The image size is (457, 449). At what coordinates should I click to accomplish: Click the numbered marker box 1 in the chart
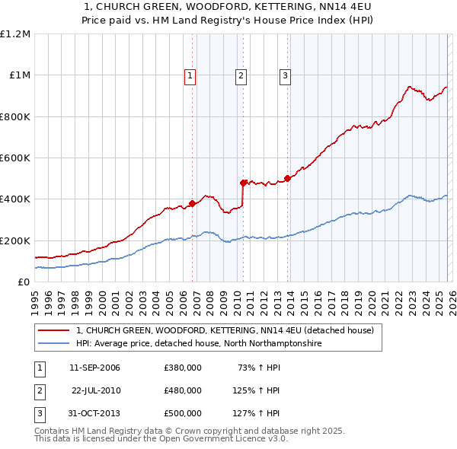click(x=190, y=75)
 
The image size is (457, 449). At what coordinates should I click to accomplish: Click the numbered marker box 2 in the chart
click(x=241, y=75)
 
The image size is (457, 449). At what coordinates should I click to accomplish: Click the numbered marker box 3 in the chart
click(x=285, y=75)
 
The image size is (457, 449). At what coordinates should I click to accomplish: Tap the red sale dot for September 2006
click(x=192, y=203)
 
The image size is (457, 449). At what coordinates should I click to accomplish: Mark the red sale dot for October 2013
click(x=288, y=179)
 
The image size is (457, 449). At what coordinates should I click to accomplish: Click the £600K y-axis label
click(x=15, y=158)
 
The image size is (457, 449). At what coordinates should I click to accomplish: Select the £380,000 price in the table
click(x=183, y=368)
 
